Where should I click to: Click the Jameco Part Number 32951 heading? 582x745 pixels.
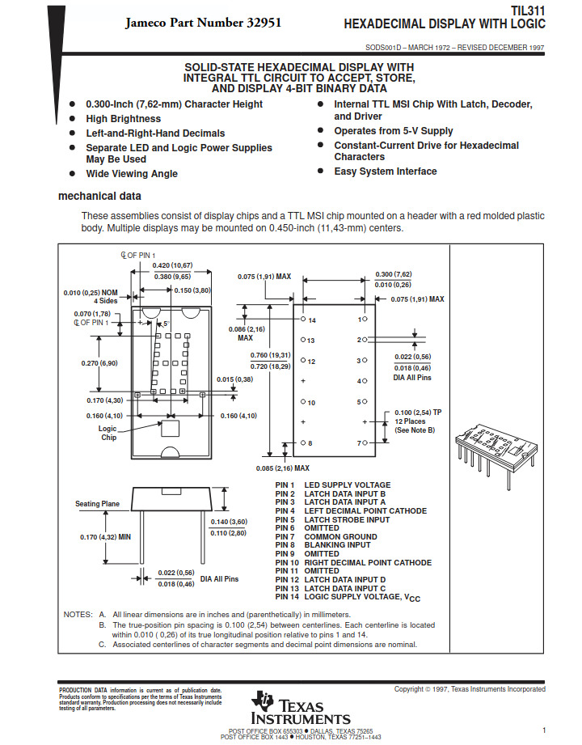(x=203, y=23)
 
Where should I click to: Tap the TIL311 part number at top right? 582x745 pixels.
(x=528, y=11)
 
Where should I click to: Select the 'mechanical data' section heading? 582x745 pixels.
(x=99, y=196)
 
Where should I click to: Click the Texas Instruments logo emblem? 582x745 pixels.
(x=262, y=701)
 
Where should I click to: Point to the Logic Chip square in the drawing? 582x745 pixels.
(x=171, y=428)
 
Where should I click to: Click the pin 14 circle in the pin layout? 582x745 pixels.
(x=303, y=319)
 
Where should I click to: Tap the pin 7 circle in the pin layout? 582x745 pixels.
(x=365, y=442)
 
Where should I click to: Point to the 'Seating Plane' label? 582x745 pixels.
(x=97, y=504)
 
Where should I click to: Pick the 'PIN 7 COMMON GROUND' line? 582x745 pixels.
(x=326, y=536)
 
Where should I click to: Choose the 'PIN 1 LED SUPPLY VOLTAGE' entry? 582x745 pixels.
(x=333, y=485)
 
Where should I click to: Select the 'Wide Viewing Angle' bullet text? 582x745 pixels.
(x=132, y=174)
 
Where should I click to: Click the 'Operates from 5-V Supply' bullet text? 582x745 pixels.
(x=394, y=131)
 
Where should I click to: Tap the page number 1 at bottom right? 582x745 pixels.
(x=544, y=730)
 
